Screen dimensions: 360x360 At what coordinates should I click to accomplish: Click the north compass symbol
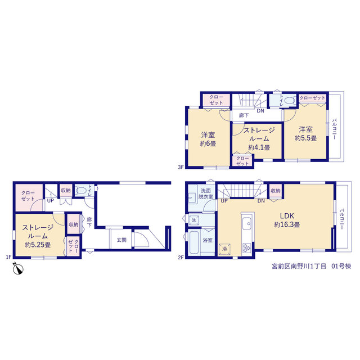18,268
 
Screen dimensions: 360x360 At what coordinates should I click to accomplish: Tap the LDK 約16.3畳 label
287,220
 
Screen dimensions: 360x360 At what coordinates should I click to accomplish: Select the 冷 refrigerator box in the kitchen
224,249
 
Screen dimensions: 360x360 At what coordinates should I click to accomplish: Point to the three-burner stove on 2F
247,248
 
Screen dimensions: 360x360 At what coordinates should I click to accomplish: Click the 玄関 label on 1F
121,240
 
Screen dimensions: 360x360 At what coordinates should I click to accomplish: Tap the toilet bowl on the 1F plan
81,191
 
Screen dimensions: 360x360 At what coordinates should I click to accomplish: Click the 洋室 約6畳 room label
208,139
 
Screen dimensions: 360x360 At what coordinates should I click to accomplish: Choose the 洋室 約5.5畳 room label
306,134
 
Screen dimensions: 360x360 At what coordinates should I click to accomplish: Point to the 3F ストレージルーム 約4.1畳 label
259,139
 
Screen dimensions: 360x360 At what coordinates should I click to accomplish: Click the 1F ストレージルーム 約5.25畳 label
38,236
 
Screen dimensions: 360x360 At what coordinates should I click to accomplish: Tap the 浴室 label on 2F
208,240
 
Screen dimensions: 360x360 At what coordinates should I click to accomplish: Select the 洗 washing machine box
194,220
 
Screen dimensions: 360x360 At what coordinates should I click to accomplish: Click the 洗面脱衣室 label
206,193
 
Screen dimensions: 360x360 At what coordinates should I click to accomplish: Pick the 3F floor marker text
181,167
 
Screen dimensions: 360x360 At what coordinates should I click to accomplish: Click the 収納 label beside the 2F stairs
276,191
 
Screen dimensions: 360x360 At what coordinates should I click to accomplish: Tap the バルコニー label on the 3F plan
334,129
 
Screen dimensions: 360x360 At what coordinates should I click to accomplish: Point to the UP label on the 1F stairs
51,201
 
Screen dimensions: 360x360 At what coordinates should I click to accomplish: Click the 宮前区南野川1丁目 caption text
299,266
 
